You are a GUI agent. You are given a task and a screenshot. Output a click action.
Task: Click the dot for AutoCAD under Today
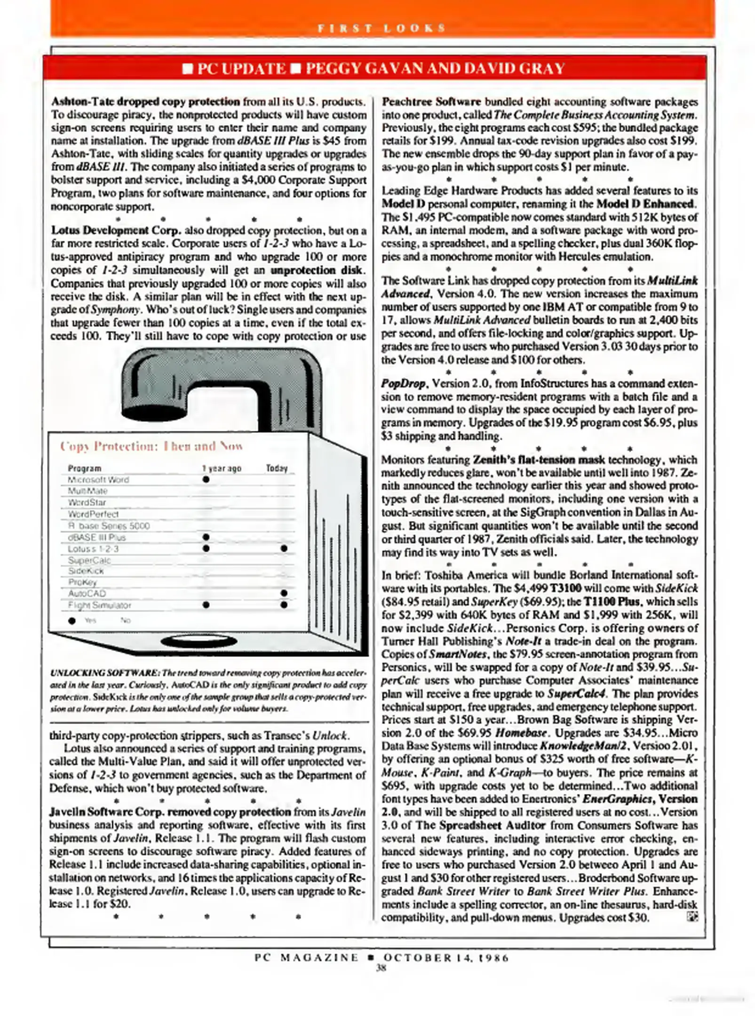coord(284,594)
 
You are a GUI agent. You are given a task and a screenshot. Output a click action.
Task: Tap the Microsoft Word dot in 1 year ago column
coord(206,479)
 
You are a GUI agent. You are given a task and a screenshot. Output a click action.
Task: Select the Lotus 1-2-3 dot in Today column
coord(284,548)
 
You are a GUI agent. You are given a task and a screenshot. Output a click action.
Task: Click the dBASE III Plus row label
coord(96,537)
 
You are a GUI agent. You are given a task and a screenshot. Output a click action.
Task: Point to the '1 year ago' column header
coord(222,468)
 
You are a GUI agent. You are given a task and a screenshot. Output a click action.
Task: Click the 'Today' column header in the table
coord(276,468)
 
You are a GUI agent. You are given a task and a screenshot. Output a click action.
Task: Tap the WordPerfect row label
coord(93,514)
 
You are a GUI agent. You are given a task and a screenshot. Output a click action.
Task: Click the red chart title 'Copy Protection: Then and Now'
coord(151,446)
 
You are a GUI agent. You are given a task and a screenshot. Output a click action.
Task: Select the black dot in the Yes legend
coord(72,620)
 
